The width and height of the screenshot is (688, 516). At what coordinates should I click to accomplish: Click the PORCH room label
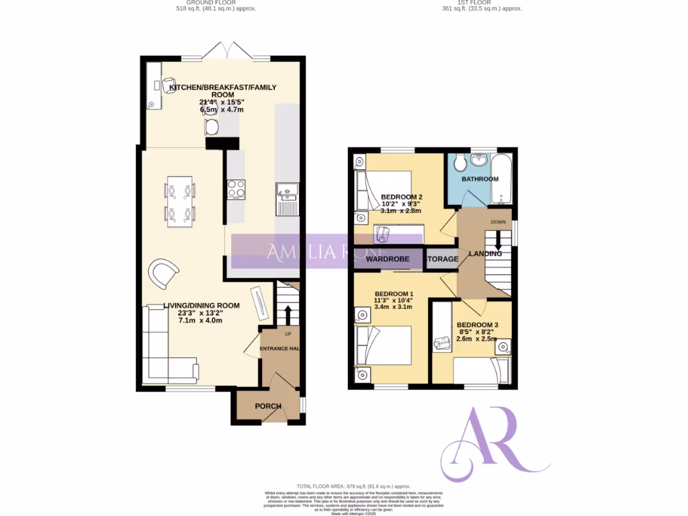pos(267,406)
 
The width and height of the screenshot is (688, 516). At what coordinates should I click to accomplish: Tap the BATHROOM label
pos(480,179)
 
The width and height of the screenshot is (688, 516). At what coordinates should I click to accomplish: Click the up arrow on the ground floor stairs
pos(288,314)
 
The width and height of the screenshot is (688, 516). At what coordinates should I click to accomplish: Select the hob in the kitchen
pos(236,189)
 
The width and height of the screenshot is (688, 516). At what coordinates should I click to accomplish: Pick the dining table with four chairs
pos(180,203)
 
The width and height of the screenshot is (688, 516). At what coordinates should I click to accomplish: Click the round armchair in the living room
pos(163,273)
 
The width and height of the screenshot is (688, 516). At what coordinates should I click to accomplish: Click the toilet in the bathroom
pos(459,162)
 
